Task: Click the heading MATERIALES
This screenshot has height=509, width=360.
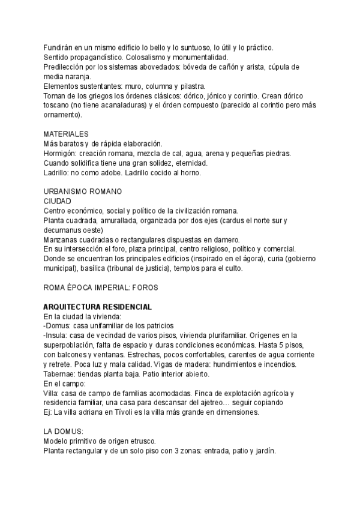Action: (67, 134)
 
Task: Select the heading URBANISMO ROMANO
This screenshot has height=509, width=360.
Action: (83, 191)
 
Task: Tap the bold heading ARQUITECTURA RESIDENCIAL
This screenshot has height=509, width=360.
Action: (97, 307)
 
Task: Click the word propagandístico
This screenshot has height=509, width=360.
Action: (98, 57)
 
